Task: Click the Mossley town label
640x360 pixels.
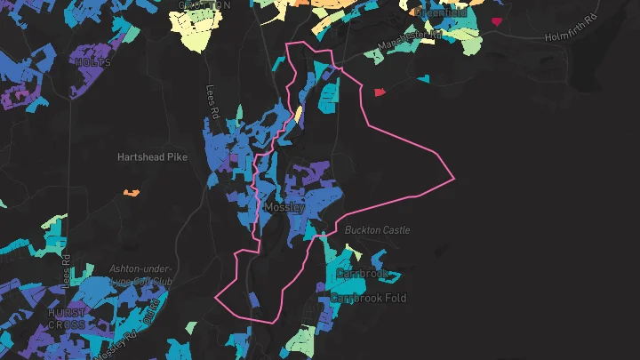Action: (284, 207)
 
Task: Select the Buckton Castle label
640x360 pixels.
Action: (378, 230)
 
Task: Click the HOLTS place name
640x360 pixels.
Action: (93, 63)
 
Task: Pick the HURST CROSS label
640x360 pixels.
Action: (67, 318)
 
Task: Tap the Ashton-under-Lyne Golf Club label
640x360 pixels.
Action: (140, 274)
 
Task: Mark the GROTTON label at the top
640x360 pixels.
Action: (204, 4)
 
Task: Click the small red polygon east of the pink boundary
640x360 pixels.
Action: (380, 92)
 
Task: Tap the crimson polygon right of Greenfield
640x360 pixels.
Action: (495, 19)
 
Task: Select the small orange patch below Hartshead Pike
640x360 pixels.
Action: (132, 192)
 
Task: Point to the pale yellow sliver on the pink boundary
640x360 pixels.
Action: (299, 116)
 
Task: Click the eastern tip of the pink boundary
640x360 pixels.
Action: (453, 179)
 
